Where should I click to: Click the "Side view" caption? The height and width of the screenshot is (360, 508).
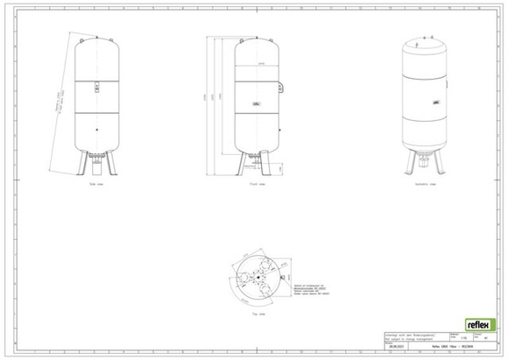point(97,185)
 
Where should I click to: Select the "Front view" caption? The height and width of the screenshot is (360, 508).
point(258,185)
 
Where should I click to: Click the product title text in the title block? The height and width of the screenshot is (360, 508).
point(452,348)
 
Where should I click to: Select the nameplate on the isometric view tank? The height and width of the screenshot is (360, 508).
point(434,102)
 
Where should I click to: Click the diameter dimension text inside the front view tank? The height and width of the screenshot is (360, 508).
point(260,65)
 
